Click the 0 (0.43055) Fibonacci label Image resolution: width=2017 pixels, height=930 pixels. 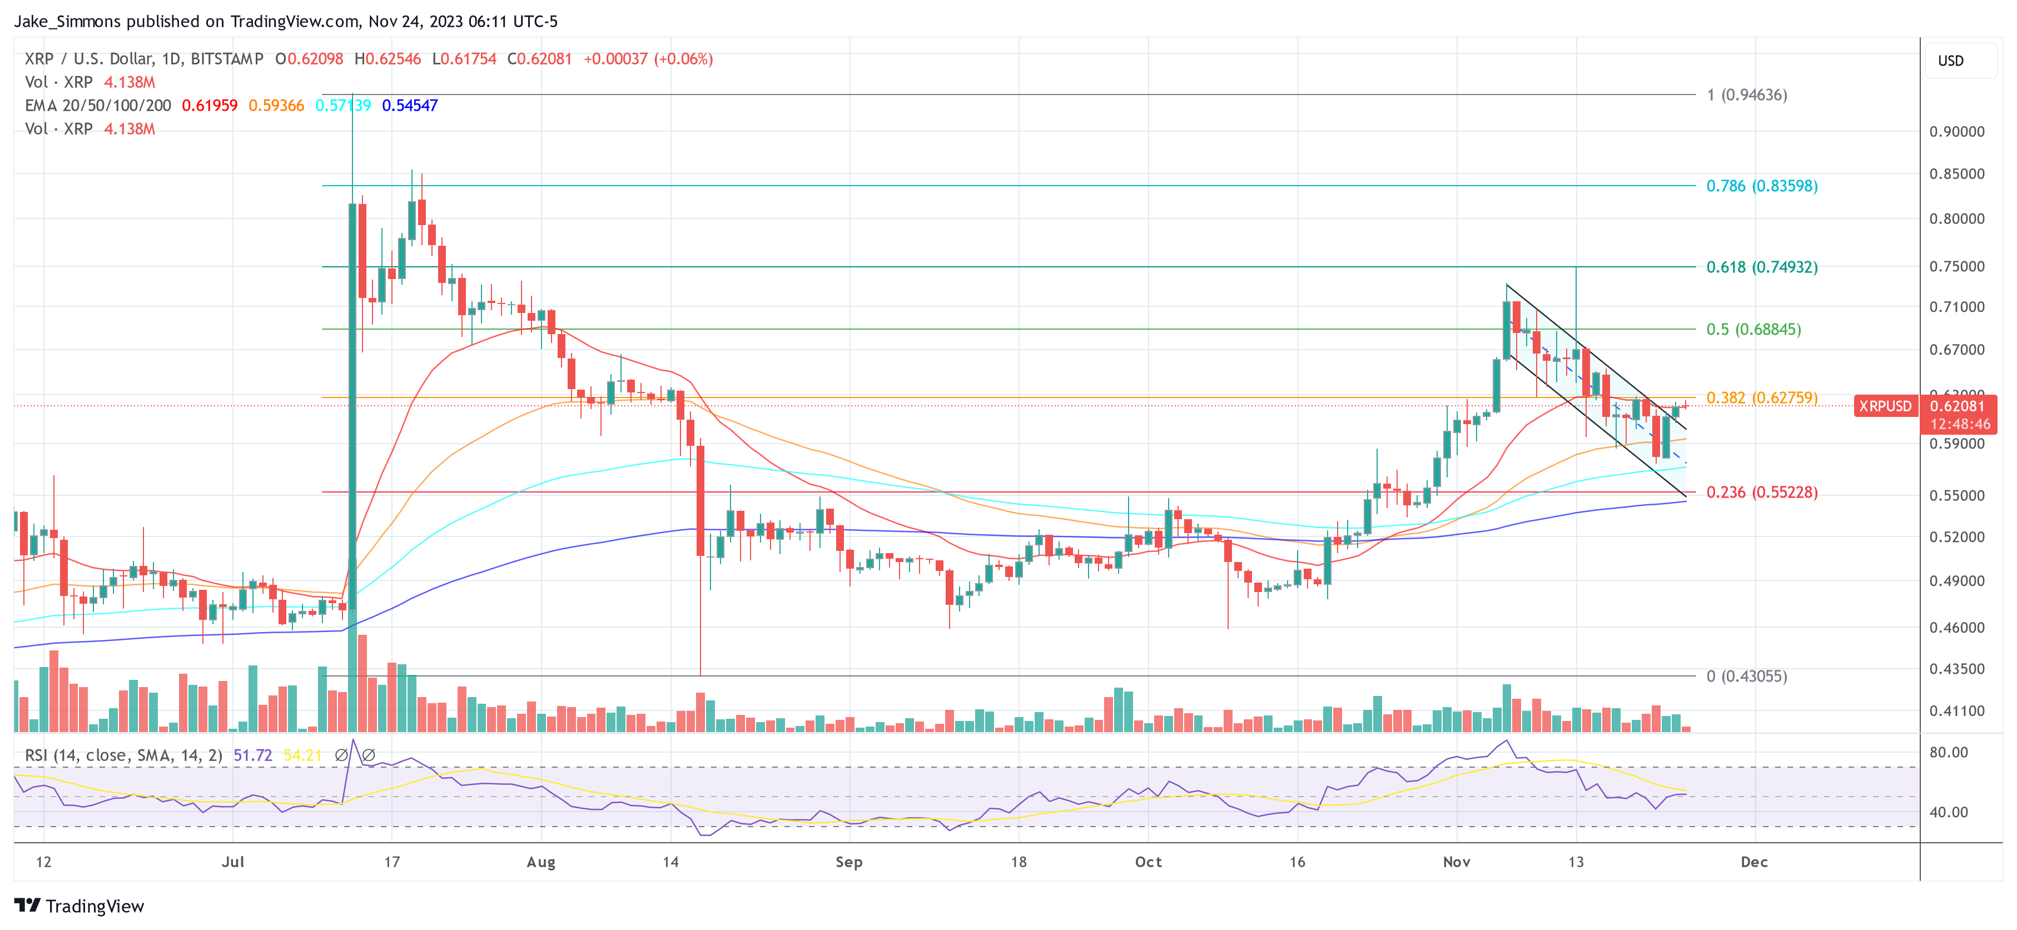point(1746,675)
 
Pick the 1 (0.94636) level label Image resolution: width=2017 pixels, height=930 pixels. point(1746,95)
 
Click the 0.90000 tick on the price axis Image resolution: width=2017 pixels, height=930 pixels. point(1956,132)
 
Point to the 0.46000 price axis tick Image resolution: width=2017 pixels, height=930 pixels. point(1956,627)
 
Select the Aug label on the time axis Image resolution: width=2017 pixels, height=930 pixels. point(540,862)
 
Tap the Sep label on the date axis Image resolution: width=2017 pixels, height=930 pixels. point(849,862)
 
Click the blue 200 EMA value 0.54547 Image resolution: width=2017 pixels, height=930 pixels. point(410,106)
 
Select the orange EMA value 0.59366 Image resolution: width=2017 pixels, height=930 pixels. point(276,106)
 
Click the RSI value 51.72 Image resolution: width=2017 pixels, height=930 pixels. point(252,755)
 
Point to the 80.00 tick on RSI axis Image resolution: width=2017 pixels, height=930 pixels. point(1948,752)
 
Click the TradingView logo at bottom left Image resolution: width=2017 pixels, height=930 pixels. point(79,906)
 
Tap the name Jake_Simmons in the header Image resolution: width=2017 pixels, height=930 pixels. point(67,21)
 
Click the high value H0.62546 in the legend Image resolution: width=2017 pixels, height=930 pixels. point(387,59)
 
